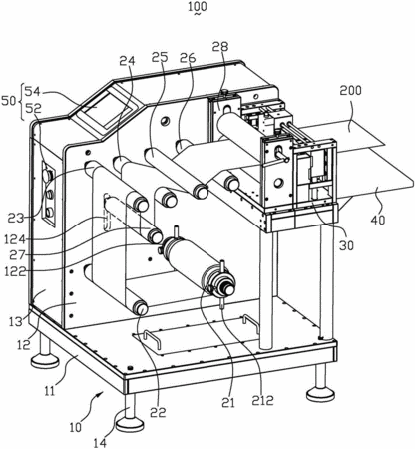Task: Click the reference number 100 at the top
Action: point(198,7)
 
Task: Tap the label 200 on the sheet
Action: point(350,90)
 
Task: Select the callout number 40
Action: point(378,220)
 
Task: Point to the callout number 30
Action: point(346,245)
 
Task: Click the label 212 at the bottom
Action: point(262,400)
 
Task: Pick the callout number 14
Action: point(101,443)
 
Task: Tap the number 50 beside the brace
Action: point(9,101)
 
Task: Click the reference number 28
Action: point(220,46)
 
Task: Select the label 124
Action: point(15,239)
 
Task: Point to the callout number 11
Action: point(50,391)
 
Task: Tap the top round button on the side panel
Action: point(48,174)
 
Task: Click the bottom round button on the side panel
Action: point(49,212)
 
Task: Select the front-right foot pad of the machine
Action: point(320,395)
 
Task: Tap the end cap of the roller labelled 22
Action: point(141,308)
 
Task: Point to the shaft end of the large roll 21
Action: point(229,288)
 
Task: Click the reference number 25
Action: point(160,58)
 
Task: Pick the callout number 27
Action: point(18,255)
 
